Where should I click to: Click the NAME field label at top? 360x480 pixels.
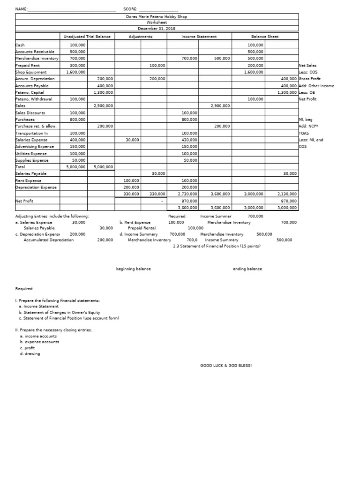click(22, 9)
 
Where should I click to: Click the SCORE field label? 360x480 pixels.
click(130, 9)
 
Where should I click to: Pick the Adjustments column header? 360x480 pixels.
click(141, 37)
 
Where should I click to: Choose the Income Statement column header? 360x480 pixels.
click(199, 37)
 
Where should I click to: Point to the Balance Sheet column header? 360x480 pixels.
click(265, 37)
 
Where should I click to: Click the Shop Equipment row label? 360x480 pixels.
click(31, 72)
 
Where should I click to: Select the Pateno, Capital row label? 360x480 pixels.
click(30, 92)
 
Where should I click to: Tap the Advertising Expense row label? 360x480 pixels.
click(35, 147)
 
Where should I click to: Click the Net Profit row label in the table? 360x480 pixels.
click(24, 201)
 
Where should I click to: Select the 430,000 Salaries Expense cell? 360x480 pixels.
click(188, 140)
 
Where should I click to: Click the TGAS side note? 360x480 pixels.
click(304, 133)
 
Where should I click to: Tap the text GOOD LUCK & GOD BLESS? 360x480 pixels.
click(226, 365)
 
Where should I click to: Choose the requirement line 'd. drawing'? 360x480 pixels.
click(30, 354)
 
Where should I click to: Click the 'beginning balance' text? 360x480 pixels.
click(134, 269)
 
